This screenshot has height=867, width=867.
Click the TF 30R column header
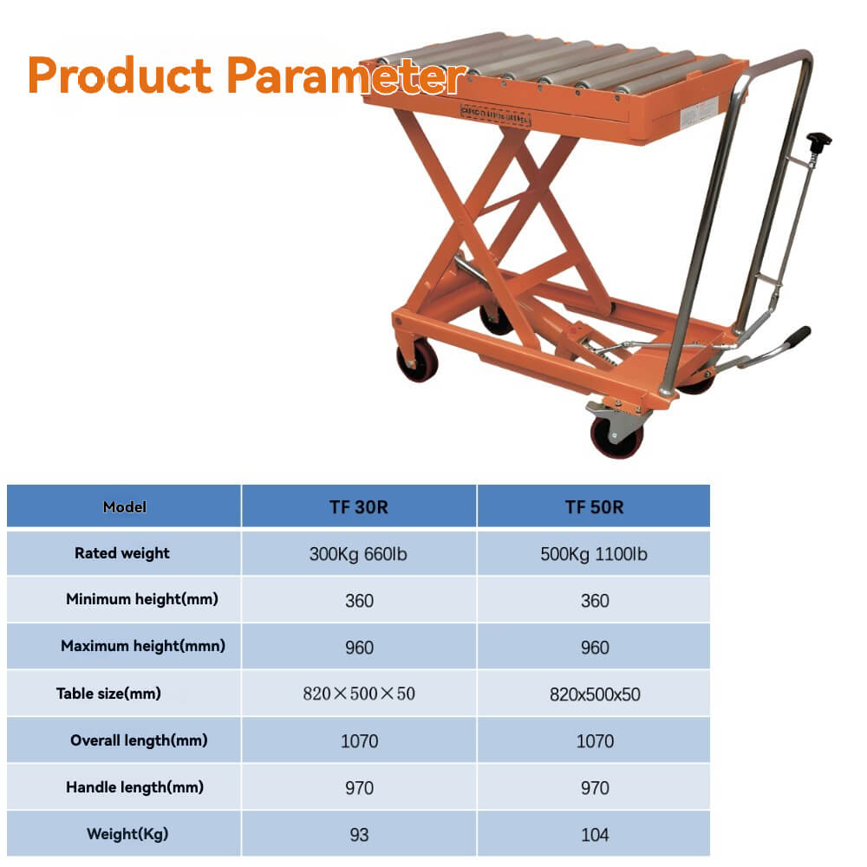click(358, 507)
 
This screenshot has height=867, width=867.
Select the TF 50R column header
click(594, 507)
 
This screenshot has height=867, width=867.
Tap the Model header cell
click(125, 507)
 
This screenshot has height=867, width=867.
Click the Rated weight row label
click(122, 553)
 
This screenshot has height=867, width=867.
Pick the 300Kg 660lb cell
click(358, 554)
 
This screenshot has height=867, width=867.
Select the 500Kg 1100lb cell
click(594, 554)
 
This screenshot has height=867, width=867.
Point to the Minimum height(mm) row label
click(142, 599)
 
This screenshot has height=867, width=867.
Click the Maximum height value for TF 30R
click(359, 648)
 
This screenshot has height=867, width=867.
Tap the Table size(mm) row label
click(108, 694)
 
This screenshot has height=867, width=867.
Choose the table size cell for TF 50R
click(595, 694)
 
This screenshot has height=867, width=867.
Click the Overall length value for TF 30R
click(359, 741)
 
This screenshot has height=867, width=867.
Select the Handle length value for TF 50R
click(595, 788)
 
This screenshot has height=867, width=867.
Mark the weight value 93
click(359, 835)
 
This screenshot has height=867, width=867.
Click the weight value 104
click(595, 835)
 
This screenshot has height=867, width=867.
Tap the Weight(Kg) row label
click(127, 834)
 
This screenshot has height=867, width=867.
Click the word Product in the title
click(121, 76)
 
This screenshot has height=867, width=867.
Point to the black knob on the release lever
click(818, 140)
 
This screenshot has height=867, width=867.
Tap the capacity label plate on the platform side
click(494, 117)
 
